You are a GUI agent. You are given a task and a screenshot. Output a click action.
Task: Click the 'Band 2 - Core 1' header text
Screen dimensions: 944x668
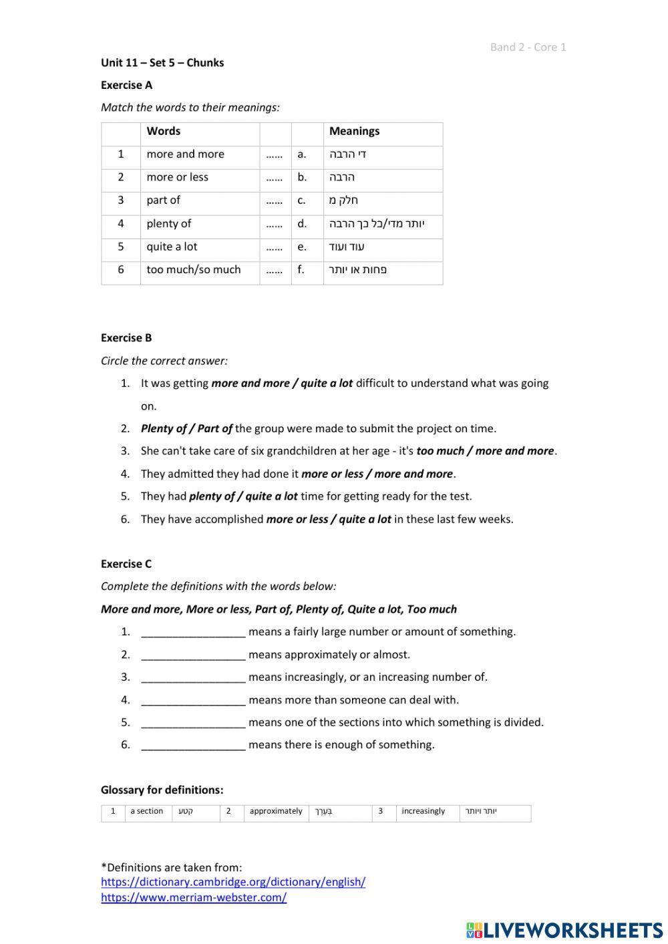pyautogui.click(x=528, y=47)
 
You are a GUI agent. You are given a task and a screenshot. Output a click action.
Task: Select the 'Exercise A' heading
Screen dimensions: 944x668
pyautogui.click(x=126, y=85)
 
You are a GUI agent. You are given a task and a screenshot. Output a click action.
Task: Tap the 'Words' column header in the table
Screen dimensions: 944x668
pyautogui.click(x=164, y=131)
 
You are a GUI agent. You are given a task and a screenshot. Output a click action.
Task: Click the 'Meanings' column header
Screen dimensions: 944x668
pyautogui.click(x=354, y=131)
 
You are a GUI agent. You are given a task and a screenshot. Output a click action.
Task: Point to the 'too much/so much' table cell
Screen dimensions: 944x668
pyautogui.click(x=194, y=270)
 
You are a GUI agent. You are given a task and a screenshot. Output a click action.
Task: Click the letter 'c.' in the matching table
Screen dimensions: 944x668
pyautogui.click(x=302, y=200)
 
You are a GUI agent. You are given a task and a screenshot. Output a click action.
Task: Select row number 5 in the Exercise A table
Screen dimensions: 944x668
pyautogui.click(x=121, y=247)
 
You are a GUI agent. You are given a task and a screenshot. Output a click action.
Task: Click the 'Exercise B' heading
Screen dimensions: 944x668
pyautogui.click(x=126, y=337)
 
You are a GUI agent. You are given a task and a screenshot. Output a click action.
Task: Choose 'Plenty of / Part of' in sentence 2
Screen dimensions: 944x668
pyautogui.click(x=186, y=428)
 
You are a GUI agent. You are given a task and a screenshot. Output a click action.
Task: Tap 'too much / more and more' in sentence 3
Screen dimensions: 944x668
pyautogui.click(x=485, y=451)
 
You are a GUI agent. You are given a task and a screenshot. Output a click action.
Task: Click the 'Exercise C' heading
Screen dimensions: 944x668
pyautogui.click(x=126, y=563)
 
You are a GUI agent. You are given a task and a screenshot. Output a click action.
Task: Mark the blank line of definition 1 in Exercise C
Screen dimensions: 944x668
pyautogui.click(x=194, y=632)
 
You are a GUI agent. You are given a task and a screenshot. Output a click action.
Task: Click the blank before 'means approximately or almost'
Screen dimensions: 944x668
pyautogui.click(x=194, y=655)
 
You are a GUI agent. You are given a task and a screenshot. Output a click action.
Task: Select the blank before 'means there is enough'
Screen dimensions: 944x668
pyautogui.click(x=194, y=745)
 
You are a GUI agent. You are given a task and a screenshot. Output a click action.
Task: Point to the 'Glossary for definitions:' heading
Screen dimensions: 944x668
pyautogui.click(x=162, y=790)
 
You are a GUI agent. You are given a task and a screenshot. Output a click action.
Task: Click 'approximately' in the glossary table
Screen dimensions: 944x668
pyautogui.click(x=276, y=811)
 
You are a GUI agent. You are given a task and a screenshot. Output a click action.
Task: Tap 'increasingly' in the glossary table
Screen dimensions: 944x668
pyautogui.click(x=423, y=811)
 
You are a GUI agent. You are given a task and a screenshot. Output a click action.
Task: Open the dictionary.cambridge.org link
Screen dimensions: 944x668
pyautogui.click(x=233, y=882)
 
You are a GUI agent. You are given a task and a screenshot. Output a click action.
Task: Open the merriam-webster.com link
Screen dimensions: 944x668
pyautogui.click(x=194, y=897)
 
